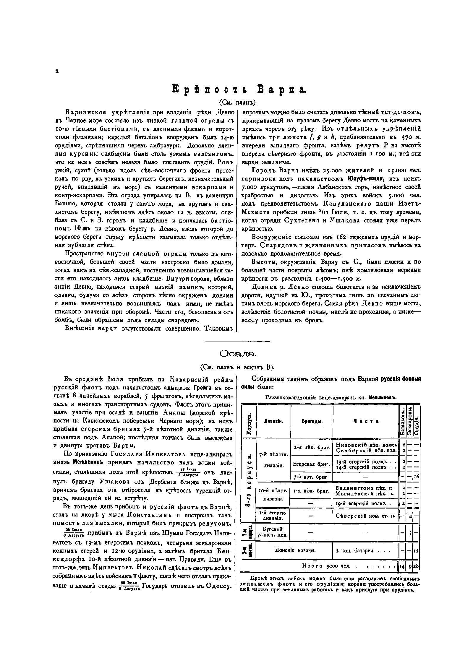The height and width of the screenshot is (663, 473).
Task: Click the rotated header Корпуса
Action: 249,422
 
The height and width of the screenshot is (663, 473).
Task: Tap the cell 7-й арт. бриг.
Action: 312,477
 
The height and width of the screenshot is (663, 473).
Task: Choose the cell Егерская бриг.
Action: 312,464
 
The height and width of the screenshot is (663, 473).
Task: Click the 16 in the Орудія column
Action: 416,477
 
